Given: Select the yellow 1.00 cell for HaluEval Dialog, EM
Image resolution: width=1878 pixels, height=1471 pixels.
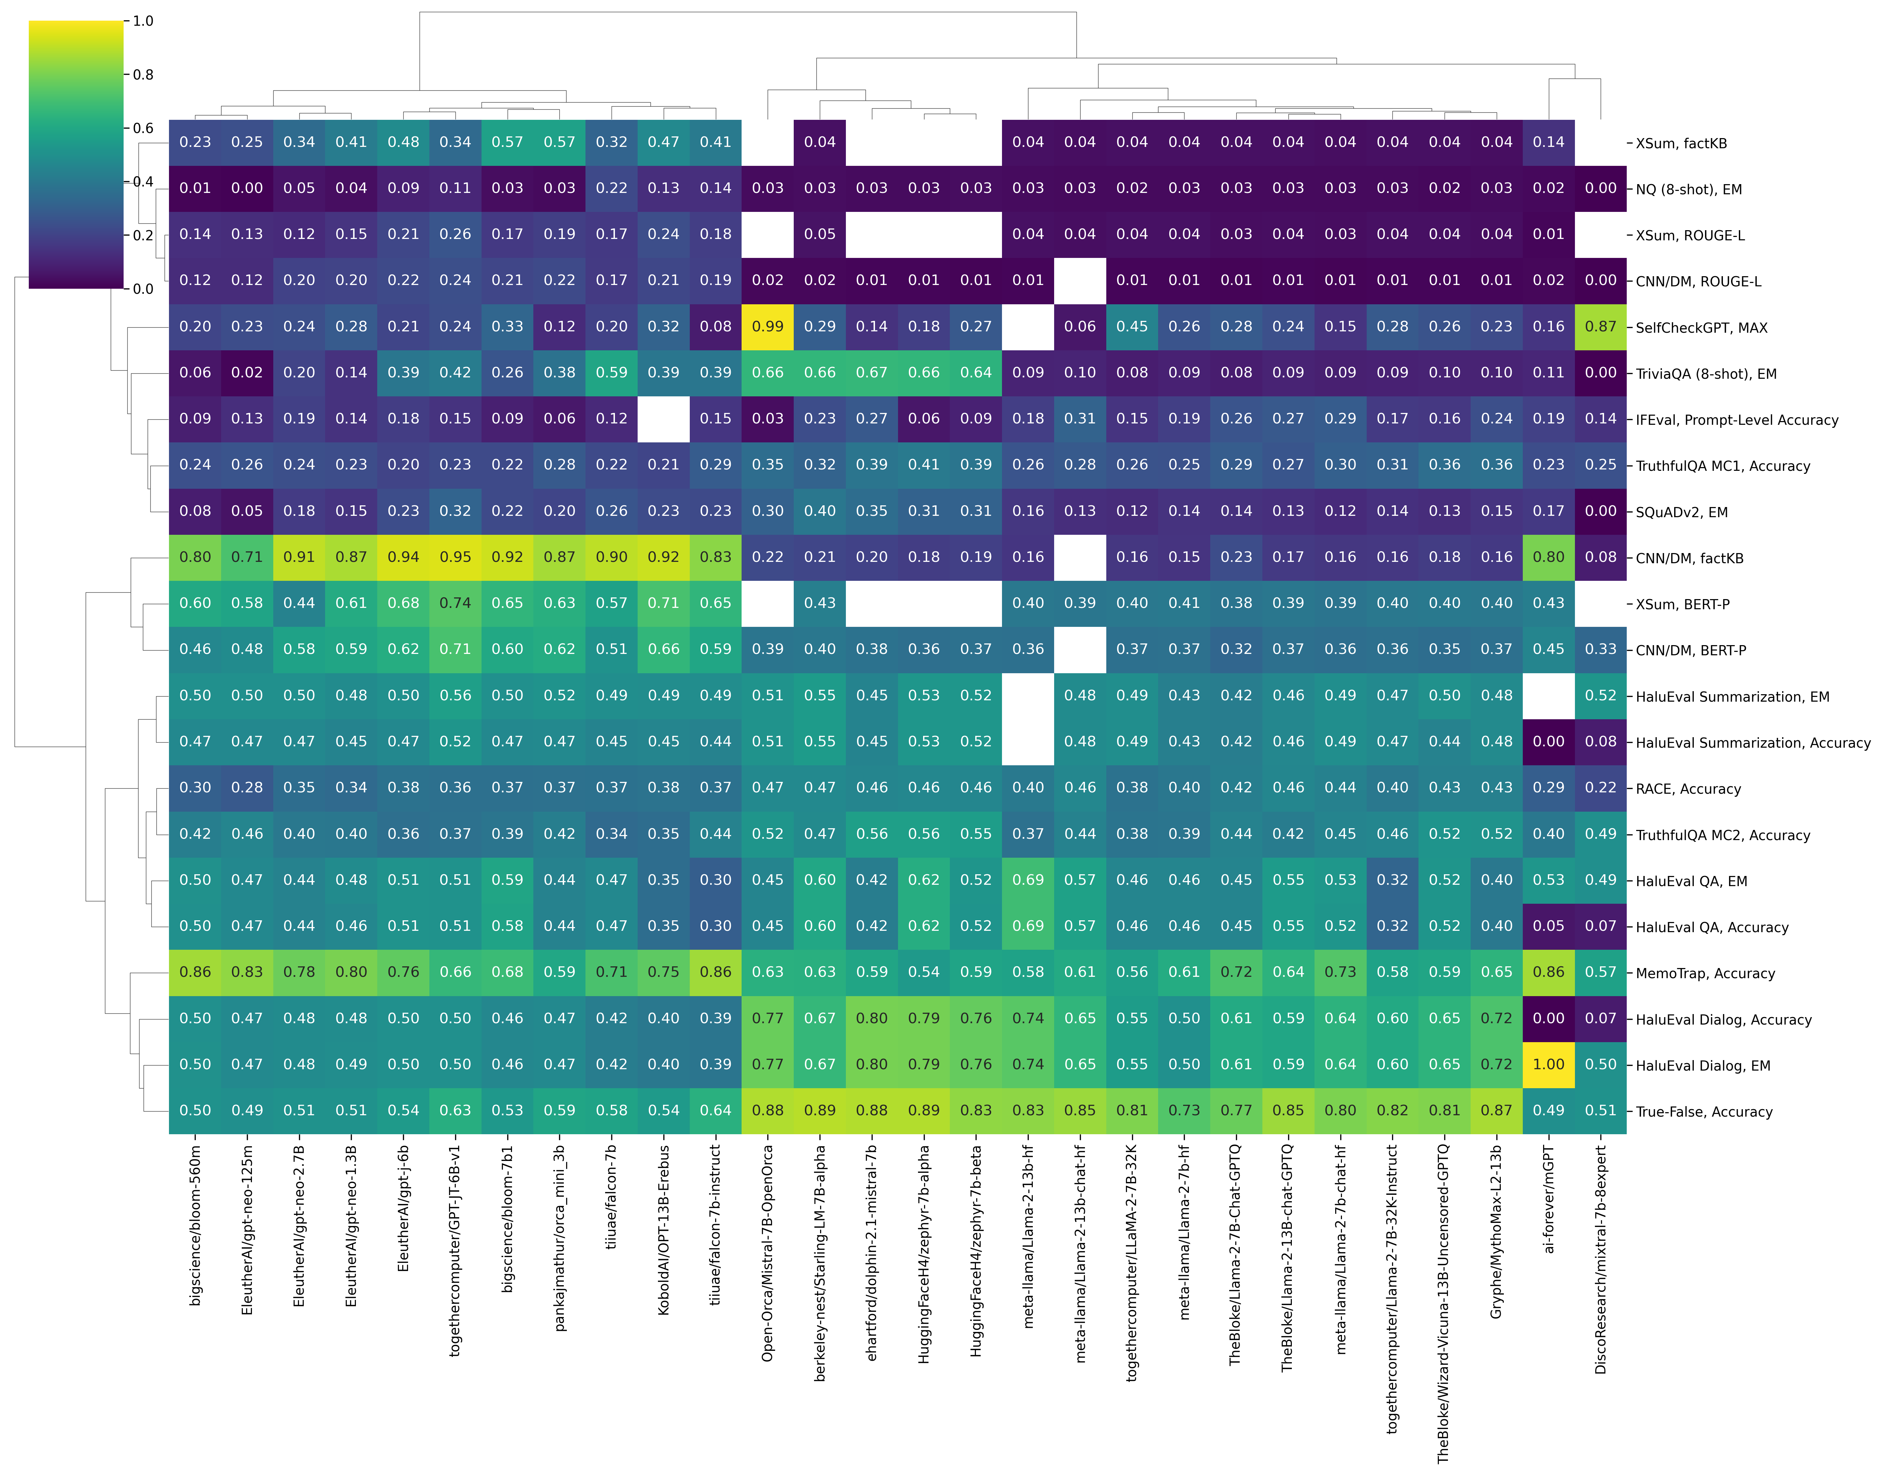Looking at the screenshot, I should click(x=1548, y=1064).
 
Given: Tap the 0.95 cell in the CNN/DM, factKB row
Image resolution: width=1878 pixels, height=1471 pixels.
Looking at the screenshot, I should click(x=455, y=557).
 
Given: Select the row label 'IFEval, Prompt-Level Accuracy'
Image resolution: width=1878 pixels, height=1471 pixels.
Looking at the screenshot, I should click(x=1737, y=420).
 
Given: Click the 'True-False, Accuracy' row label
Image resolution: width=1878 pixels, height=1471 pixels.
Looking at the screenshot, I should click(x=1704, y=1112).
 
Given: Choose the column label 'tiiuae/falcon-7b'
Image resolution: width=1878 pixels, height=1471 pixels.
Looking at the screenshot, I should click(x=612, y=1197).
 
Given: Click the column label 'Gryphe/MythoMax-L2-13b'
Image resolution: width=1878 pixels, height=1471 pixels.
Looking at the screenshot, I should click(x=1496, y=1232).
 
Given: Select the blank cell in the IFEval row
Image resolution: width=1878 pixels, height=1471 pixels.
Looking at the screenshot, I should click(x=663, y=419).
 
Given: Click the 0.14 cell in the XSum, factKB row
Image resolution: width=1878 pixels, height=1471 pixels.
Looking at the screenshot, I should click(x=1548, y=142).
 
